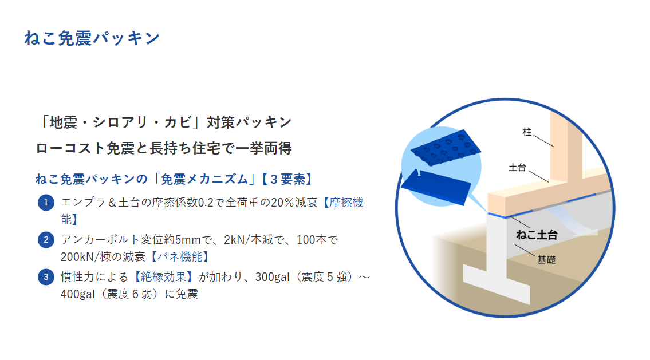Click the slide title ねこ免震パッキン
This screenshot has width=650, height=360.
click(x=92, y=38)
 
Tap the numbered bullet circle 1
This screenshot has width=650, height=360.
click(x=46, y=203)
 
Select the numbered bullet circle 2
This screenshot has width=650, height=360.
click(x=46, y=240)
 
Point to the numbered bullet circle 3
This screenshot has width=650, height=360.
click(x=46, y=277)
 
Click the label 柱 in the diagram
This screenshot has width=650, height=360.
click(x=527, y=132)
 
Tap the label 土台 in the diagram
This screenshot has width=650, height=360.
click(x=517, y=167)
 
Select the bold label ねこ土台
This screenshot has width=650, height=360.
click(x=537, y=235)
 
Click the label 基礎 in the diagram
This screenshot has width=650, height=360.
click(x=546, y=260)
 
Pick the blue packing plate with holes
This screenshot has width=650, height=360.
click(x=446, y=148)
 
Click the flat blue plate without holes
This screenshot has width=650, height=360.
click(x=436, y=187)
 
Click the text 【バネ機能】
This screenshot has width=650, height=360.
click(x=179, y=257)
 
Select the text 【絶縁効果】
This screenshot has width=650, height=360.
click(x=163, y=277)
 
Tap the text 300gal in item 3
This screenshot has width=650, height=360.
click(x=273, y=277)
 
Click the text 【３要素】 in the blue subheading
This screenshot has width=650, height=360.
click(x=287, y=179)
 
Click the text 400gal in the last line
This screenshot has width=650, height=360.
click(x=78, y=294)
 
